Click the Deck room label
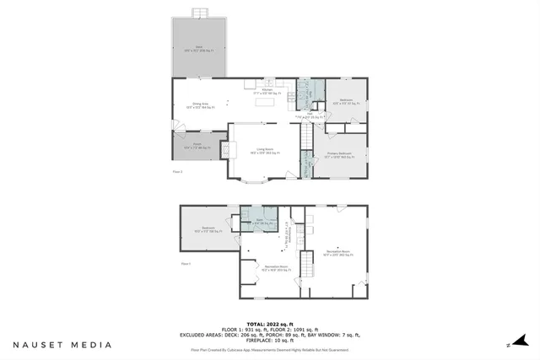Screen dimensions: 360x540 coord(199,48)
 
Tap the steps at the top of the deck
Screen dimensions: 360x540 coord(199,13)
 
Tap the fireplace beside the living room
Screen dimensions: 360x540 coord(225,149)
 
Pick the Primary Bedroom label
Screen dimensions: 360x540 coord(340,155)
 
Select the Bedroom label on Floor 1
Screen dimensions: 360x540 coord(208,229)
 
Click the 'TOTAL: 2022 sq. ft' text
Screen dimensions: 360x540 coord(270,323)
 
